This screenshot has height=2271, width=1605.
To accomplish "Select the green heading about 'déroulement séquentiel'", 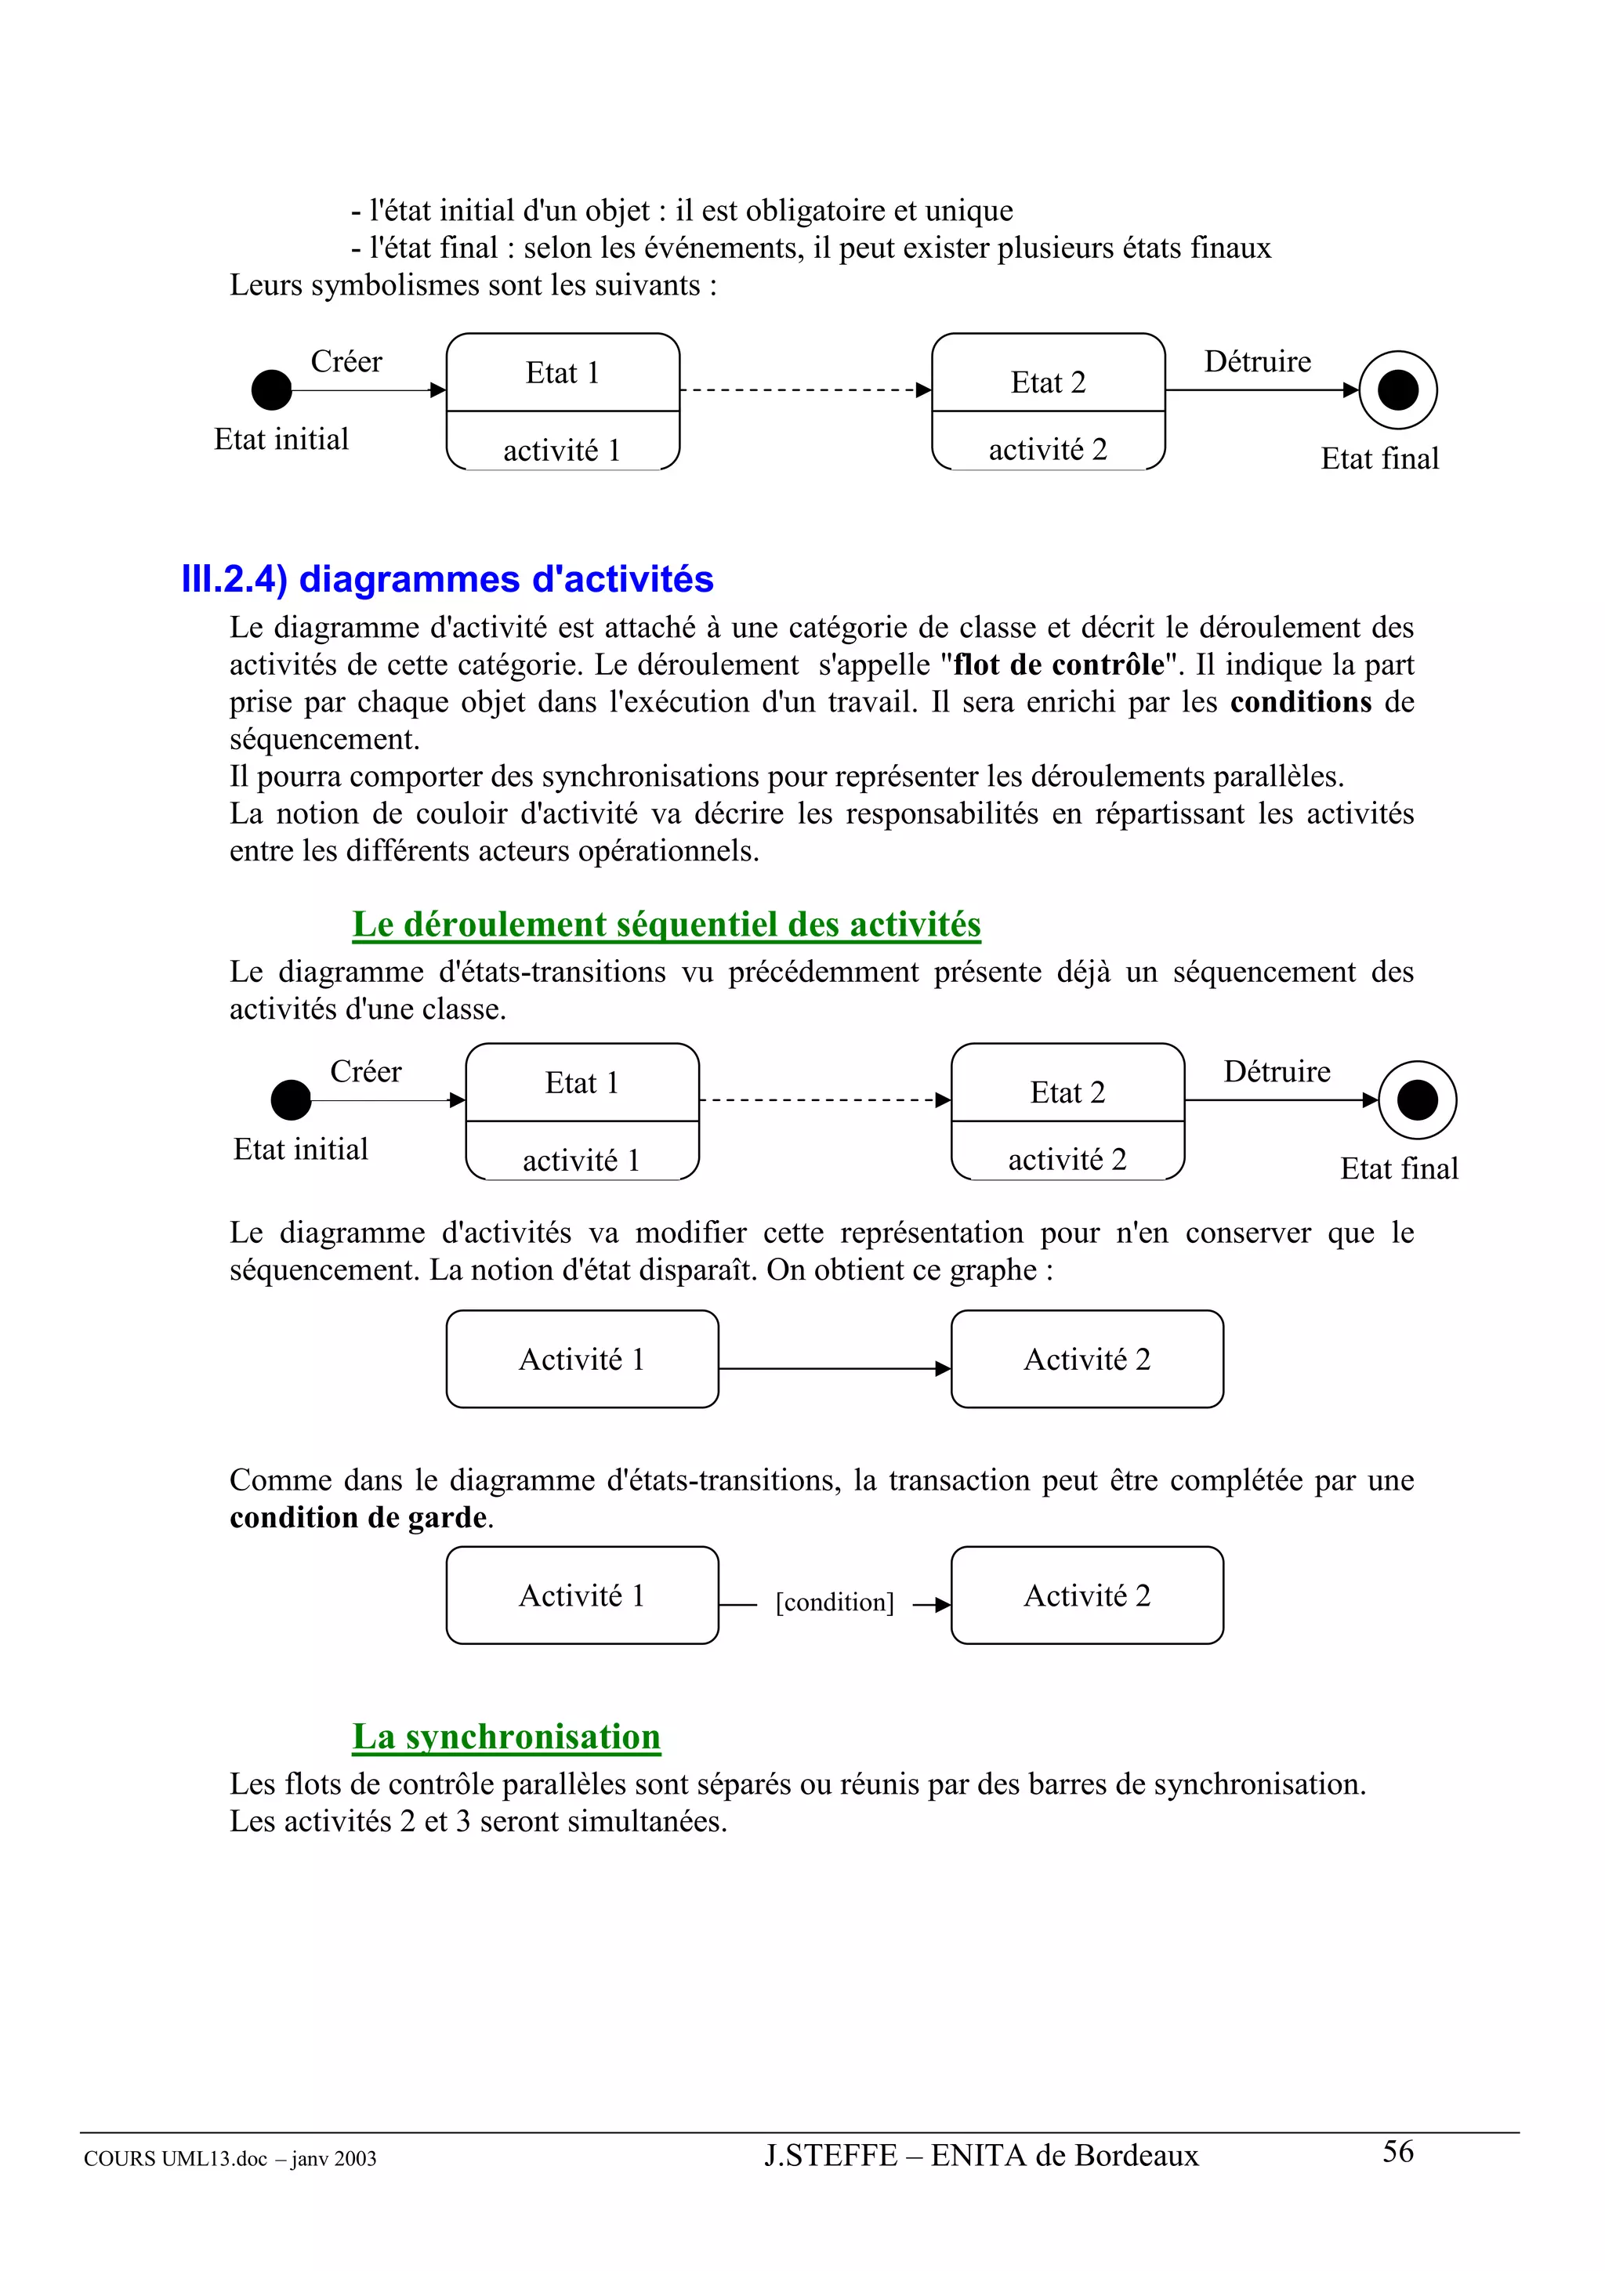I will click(x=665, y=924).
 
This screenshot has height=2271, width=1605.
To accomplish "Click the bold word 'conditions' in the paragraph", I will click(x=1300, y=702).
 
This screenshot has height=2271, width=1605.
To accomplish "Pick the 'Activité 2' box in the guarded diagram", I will click(x=1086, y=1595).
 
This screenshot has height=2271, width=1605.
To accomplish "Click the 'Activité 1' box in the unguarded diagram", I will click(x=581, y=1359).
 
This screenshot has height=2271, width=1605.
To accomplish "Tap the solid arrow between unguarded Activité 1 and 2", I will click(x=834, y=1369).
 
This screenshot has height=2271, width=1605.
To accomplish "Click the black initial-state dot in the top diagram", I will click(x=272, y=389).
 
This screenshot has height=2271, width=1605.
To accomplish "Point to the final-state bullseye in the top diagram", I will click(x=1397, y=389).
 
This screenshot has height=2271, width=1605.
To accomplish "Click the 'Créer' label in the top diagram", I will click(x=346, y=362).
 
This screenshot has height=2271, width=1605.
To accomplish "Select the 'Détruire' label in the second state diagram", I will click(x=1277, y=1071).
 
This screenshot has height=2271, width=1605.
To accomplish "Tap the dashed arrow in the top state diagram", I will click(x=805, y=389).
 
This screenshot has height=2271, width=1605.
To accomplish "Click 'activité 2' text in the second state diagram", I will click(x=1067, y=1159).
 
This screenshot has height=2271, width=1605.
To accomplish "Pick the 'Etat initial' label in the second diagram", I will click(x=301, y=1150).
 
